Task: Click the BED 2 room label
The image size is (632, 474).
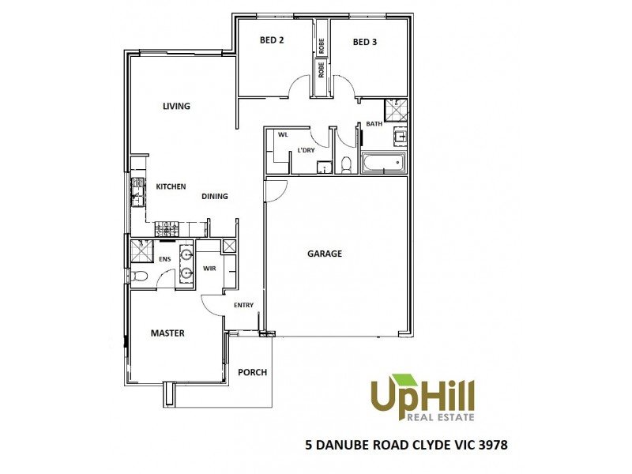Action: tap(272, 41)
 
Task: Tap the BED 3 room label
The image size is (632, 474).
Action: tap(364, 42)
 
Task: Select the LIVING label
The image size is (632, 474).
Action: tap(176, 106)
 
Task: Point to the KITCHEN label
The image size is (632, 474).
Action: tap(171, 186)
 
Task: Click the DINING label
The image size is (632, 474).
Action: tap(215, 197)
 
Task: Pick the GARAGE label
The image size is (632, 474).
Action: tap(325, 254)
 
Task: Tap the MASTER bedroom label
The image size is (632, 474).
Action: tap(167, 333)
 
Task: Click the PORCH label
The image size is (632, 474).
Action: tap(253, 372)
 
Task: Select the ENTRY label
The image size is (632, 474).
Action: tap(243, 305)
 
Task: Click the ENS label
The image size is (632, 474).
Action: tap(165, 258)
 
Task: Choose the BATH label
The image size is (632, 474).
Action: tap(373, 124)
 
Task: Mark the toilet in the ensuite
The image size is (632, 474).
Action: tap(139, 276)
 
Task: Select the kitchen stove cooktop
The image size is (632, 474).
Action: tap(167, 229)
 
